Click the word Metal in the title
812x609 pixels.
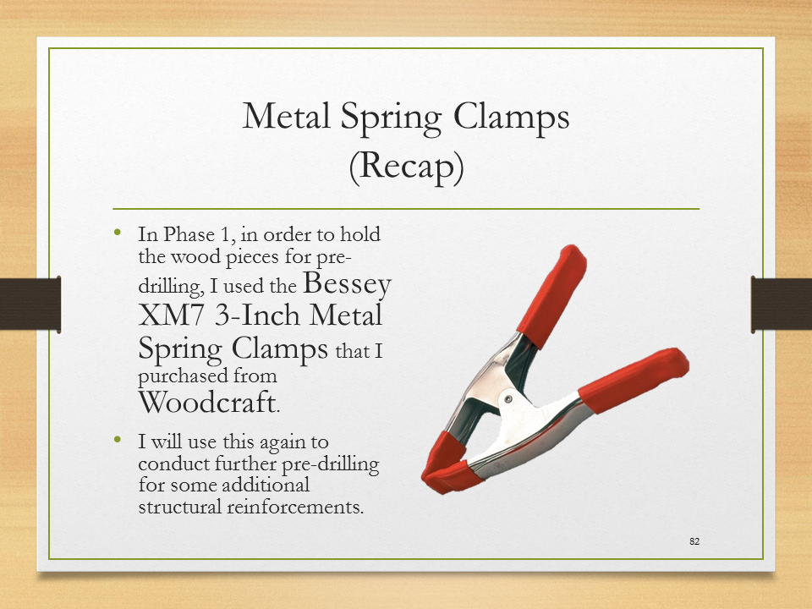287,116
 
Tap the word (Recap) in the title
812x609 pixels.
406,167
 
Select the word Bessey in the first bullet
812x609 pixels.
347,284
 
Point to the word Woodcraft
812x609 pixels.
206,401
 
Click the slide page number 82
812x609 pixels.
694,541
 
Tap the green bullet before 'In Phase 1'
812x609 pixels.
118,232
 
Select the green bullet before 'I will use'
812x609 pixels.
118,440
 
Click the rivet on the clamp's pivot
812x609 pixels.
509,398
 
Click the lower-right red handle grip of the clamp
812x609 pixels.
633,380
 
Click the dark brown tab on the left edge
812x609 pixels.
30,304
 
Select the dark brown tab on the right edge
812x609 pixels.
782,304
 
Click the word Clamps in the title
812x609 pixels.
512,117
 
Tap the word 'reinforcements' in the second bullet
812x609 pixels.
295,506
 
